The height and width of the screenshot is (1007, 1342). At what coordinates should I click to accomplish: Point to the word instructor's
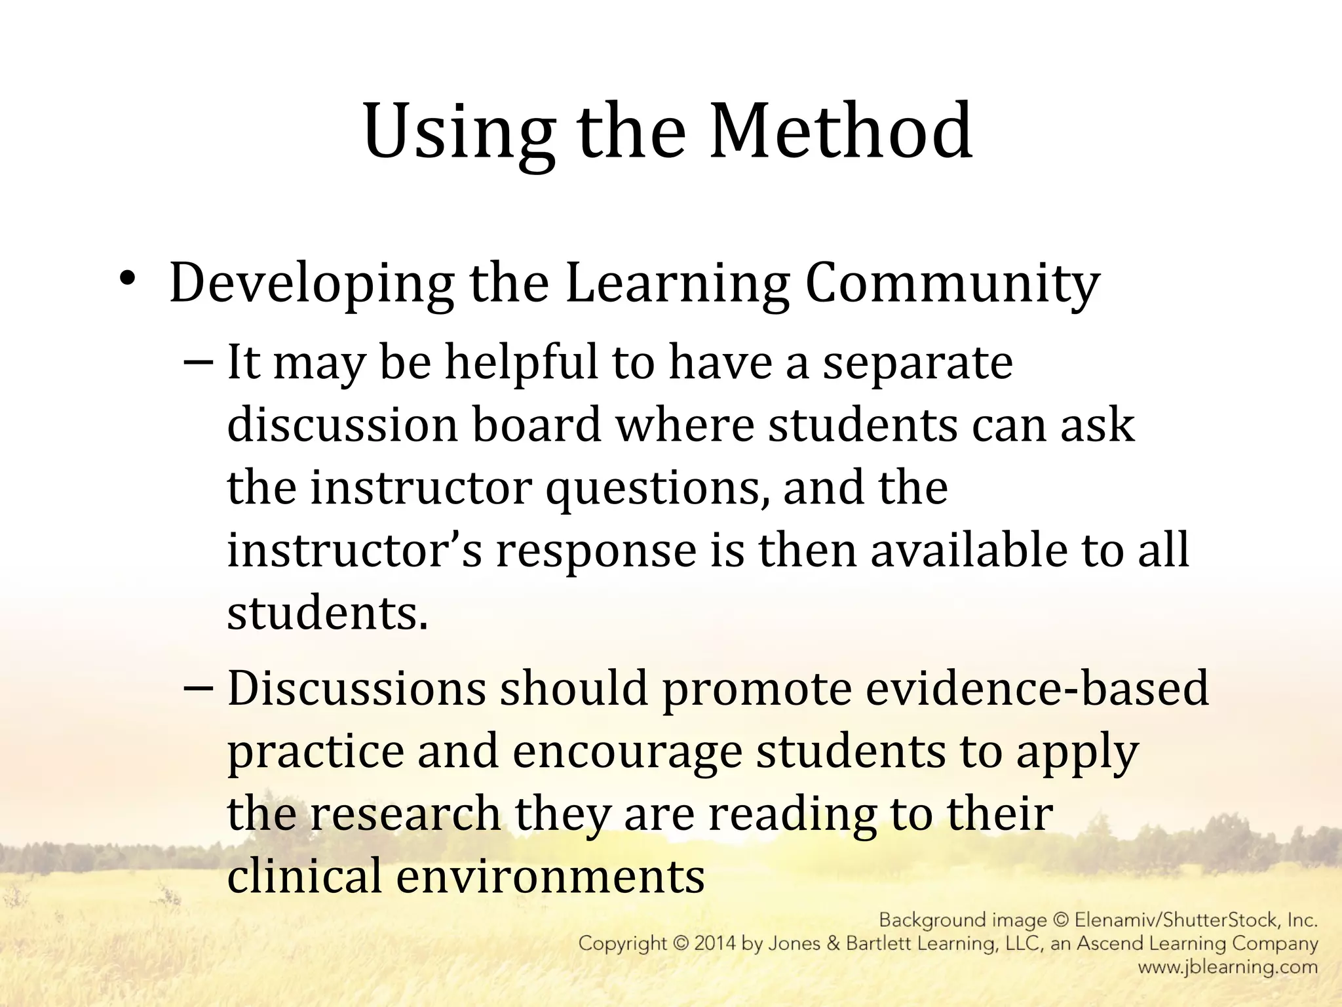[355, 551]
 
